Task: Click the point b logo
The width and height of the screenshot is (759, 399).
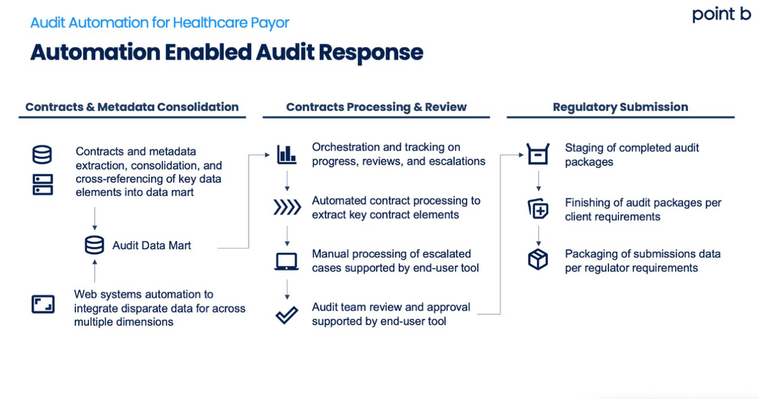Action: click(721, 15)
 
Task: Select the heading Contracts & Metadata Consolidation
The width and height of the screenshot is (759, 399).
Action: click(132, 107)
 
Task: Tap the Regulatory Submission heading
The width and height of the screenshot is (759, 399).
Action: click(620, 107)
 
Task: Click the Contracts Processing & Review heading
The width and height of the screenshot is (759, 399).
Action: click(376, 107)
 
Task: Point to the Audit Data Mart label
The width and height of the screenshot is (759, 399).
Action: click(152, 245)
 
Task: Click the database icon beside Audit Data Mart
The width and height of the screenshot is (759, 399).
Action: click(95, 245)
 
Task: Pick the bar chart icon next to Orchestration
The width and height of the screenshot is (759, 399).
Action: click(287, 154)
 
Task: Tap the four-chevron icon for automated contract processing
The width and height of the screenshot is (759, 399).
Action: click(287, 208)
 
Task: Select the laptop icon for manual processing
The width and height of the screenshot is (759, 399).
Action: click(287, 261)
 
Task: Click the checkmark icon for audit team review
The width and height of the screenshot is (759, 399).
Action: click(287, 315)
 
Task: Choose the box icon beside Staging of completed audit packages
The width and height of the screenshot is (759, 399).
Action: click(538, 154)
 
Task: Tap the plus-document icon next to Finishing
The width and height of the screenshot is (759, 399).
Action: click(538, 209)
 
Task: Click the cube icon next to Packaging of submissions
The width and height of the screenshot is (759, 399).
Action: click(538, 260)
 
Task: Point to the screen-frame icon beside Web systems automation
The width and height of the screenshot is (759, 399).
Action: click(43, 304)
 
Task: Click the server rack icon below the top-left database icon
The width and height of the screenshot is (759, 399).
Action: click(43, 186)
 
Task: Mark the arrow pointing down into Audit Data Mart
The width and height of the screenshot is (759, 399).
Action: click(95, 219)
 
